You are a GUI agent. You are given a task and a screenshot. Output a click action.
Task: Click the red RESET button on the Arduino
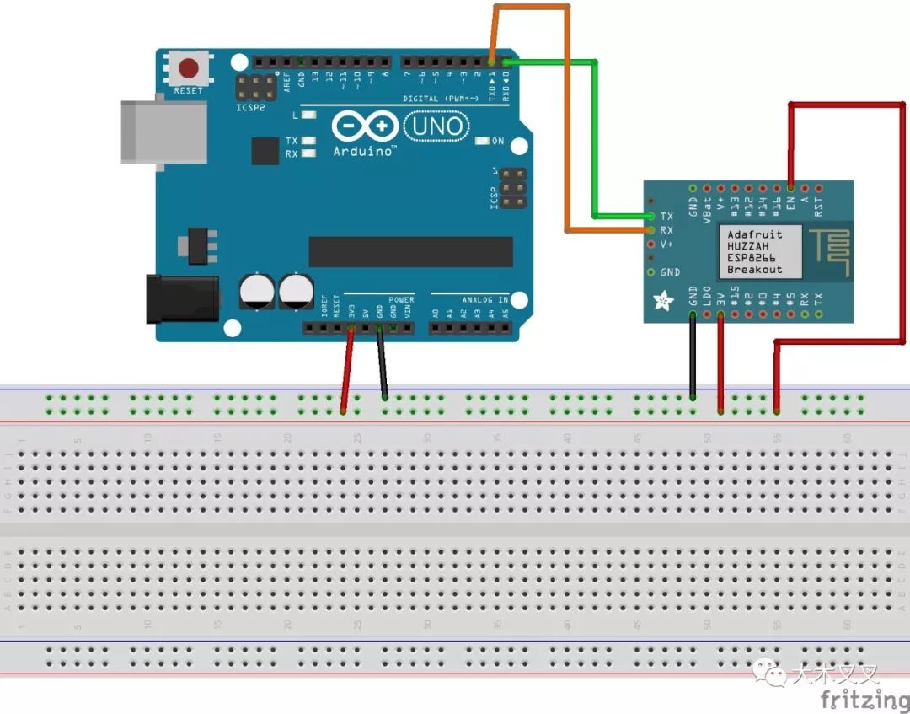pyautogui.click(x=188, y=68)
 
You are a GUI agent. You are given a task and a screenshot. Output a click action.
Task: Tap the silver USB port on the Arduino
pyautogui.click(x=163, y=132)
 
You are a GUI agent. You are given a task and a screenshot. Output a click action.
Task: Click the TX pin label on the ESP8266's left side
pyautogui.click(x=666, y=217)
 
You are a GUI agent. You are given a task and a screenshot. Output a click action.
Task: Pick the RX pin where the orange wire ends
pyautogui.click(x=650, y=230)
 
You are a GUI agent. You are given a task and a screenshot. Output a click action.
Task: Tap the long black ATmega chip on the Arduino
pyautogui.click(x=410, y=251)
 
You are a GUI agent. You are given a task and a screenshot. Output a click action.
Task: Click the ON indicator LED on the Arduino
pyautogui.click(x=482, y=141)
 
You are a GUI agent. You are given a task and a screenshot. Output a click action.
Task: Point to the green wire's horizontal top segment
pyautogui.click(x=551, y=62)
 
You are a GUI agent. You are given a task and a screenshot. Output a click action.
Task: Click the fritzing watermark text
pyautogui.click(x=864, y=699)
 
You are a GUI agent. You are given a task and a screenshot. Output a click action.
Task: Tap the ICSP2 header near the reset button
pyautogui.click(x=255, y=85)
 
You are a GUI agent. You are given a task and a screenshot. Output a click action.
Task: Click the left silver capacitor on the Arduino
pyautogui.click(x=256, y=290)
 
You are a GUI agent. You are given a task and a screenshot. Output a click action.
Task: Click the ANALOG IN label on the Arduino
pyautogui.click(x=484, y=299)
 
